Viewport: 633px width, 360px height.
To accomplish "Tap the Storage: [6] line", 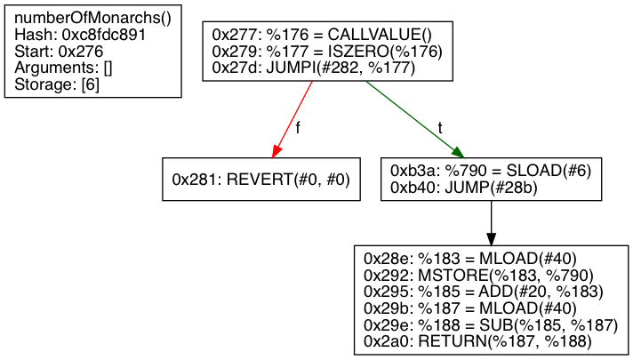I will (x=58, y=85).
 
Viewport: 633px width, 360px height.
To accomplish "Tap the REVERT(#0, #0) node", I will (x=261, y=180).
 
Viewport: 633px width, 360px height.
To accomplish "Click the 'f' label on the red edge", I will (x=297, y=128).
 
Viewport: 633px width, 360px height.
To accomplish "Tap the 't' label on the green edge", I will (x=439, y=128).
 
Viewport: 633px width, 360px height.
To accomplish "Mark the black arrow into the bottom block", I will (x=492, y=222).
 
